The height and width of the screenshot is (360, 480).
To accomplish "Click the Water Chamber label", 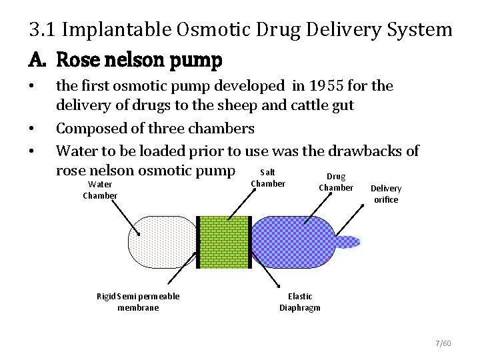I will pos(100,189).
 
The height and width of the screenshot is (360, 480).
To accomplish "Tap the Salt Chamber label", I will pos(267,179).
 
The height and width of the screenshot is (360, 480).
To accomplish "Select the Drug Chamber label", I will pos(336,182).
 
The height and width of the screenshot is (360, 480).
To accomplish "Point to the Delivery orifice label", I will pos(386,194).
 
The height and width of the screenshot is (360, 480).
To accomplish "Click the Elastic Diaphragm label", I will pos(299,302).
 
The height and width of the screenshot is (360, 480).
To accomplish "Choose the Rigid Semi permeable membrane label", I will pos(138,301).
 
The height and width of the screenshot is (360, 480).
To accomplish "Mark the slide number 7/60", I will pos(442,343).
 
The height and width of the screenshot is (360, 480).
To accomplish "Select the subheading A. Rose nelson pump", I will pos(125,61).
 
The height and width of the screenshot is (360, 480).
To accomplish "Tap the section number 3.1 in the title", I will pos(41,30).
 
